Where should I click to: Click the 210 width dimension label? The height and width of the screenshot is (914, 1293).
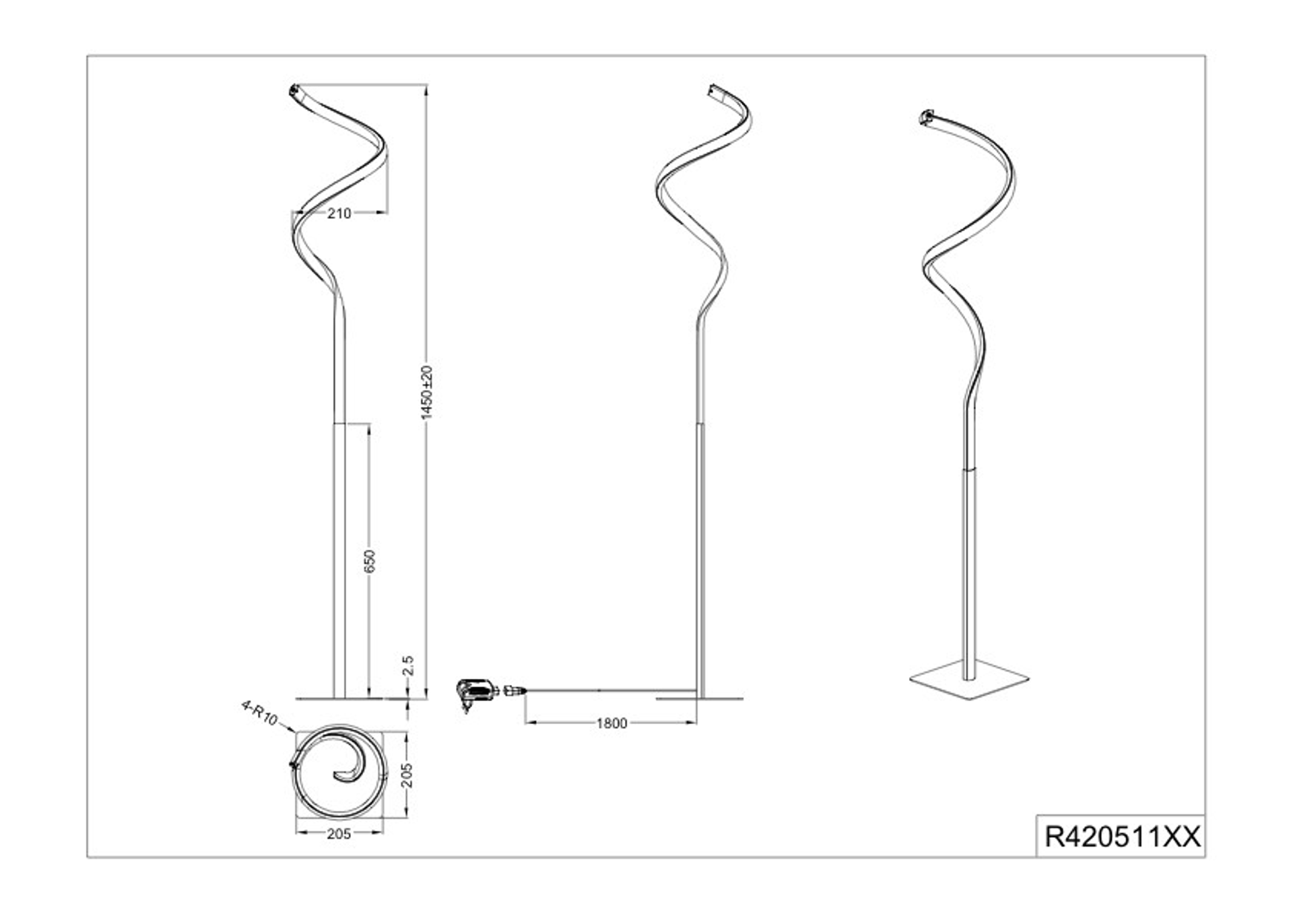click(x=339, y=214)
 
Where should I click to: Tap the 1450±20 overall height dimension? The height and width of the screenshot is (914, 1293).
click(x=426, y=393)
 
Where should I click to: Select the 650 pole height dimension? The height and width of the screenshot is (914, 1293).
click(x=369, y=561)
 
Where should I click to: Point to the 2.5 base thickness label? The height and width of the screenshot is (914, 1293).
click(x=407, y=665)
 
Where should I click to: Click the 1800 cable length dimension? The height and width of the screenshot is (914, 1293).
click(x=611, y=723)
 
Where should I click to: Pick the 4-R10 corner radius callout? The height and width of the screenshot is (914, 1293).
click(x=259, y=713)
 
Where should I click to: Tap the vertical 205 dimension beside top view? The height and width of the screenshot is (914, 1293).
click(x=407, y=775)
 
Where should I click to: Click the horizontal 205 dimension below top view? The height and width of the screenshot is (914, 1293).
click(x=339, y=834)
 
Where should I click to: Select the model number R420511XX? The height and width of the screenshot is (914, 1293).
click(x=1121, y=837)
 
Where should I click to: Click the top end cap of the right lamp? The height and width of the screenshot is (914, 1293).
click(x=927, y=118)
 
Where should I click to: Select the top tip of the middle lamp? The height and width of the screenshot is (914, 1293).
click(x=714, y=90)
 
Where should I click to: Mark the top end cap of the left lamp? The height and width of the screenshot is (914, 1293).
click(x=294, y=90)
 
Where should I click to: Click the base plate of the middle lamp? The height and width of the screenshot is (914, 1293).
click(x=700, y=698)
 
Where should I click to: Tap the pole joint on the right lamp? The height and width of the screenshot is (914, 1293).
click(x=969, y=468)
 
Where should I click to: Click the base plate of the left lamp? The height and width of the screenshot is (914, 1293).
click(x=339, y=698)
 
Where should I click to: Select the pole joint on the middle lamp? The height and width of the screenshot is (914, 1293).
click(x=701, y=423)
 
